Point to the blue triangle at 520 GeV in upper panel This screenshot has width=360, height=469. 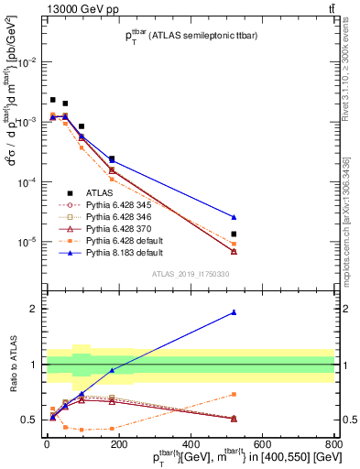[x=235, y=217]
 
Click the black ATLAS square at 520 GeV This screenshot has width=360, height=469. [x=235, y=234]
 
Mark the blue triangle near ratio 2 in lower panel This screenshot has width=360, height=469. [x=235, y=312]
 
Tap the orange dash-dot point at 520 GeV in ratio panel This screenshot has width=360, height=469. [x=235, y=394]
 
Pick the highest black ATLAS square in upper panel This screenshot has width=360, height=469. [x=53, y=100]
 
